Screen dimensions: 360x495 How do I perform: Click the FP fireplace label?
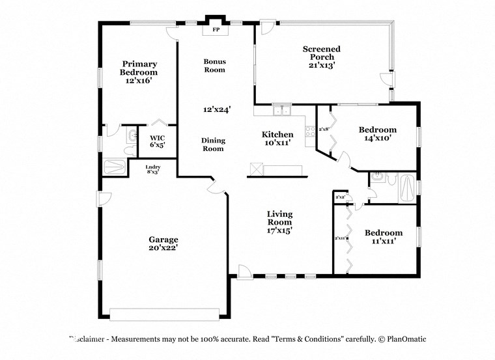215,30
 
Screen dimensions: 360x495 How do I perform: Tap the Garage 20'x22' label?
163,243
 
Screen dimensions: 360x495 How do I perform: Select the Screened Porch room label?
322,57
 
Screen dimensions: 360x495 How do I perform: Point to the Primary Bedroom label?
139,72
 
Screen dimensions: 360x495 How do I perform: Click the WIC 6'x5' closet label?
158,141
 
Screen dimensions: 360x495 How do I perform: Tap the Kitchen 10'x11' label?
277,138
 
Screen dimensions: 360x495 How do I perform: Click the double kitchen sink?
282,111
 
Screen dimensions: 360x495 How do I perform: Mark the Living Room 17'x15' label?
279,221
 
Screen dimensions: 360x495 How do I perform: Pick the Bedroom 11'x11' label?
383,237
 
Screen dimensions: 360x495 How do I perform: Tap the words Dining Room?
212,145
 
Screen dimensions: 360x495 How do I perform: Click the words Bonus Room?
214,65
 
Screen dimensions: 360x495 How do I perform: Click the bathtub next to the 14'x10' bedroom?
406,187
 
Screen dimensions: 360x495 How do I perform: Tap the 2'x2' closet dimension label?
339,197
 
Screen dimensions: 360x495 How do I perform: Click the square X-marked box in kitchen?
256,170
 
